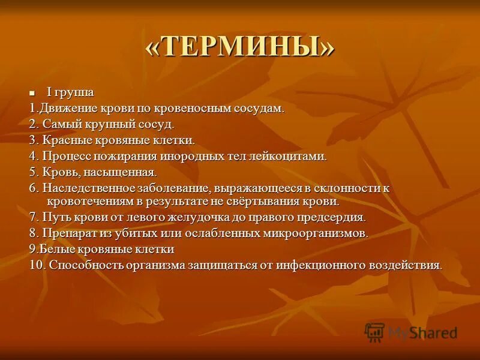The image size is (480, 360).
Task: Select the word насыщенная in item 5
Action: (x=124, y=172)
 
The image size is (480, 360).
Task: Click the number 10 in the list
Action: (x=36, y=265)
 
